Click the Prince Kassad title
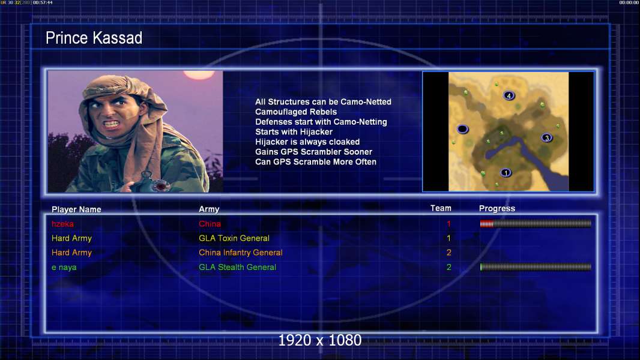point(94,38)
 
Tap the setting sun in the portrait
point(199,74)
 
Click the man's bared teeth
point(112,123)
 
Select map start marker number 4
point(509,96)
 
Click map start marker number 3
point(547,138)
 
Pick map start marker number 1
point(506,173)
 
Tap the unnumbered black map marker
point(462,129)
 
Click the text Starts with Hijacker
point(294,131)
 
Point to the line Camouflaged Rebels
point(296,112)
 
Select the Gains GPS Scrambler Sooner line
point(313,152)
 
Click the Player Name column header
point(76,209)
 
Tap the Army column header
point(209,209)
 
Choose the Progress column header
point(497,208)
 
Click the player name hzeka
point(62,224)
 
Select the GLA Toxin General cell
point(234,238)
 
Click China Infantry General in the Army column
point(240,253)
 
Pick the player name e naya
point(64,268)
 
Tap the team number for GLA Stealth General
point(448,267)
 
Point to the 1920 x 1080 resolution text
point(320,340)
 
